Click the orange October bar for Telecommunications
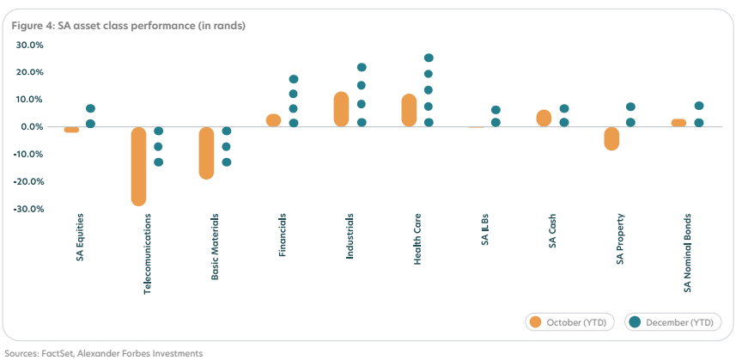point(138,166)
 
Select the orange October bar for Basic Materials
point(206,153)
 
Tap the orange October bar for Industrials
point(341,109)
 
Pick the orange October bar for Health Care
point(409,110)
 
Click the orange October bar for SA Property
point(611,138)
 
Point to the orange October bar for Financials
point(274,120)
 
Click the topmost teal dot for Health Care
point(429,58)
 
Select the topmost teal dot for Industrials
point(362,67)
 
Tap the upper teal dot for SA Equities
point(91,109)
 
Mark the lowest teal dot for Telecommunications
point(158,162)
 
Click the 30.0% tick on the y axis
point(31,45)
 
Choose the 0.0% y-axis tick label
point(33,127)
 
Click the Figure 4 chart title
point(129,26)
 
